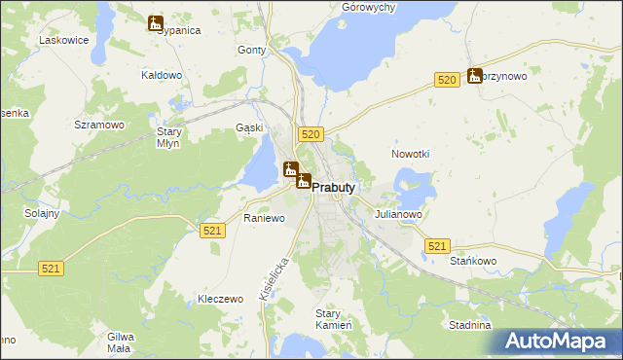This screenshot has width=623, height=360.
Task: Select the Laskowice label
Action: tap(63, 41)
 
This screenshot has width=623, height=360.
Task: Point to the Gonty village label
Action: tap(252, 50)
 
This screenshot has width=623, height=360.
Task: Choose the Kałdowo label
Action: tap(162, 75)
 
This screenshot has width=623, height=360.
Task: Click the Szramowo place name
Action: tap(99, 126)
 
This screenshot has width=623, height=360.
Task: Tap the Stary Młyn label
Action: tap(169, 136)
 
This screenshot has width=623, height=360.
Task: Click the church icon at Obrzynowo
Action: tap(475, 75)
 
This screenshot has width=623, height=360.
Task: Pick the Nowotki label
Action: tap(410, 155)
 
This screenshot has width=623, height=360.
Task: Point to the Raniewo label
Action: tap(264, 219)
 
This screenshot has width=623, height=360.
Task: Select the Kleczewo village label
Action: tap(219, 299)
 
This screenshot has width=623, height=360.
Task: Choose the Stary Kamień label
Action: tap(327, 319)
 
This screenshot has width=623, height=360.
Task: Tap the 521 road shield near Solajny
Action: tap(53, 267)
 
